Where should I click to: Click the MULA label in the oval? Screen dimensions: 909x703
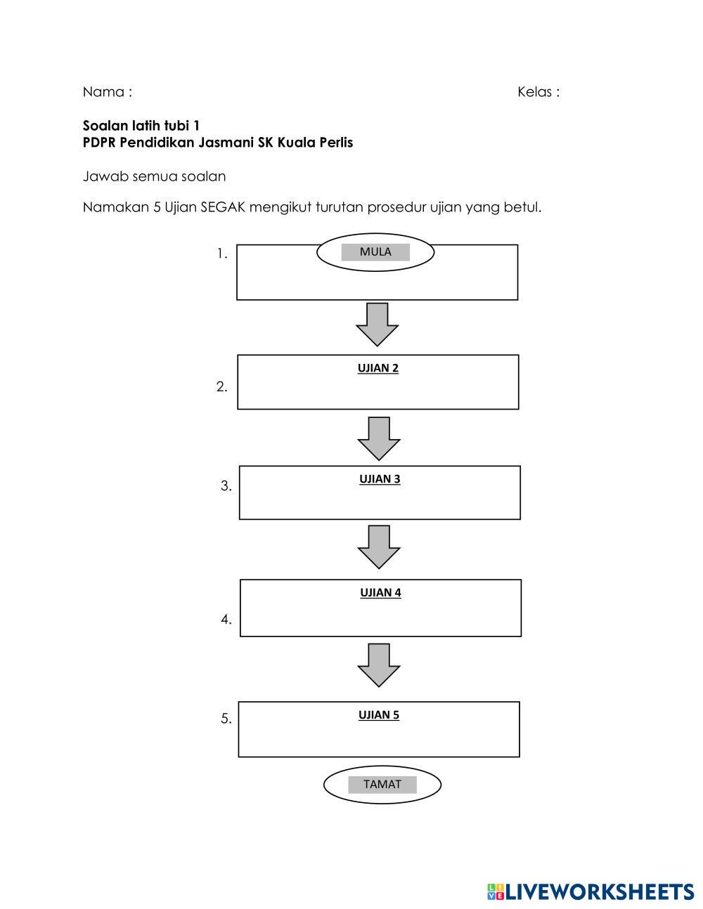(375, 252)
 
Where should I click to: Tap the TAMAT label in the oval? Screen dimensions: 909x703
(382, 785)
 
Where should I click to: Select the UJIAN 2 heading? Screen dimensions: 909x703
(378, 368)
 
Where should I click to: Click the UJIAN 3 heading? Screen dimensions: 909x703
(380, 479)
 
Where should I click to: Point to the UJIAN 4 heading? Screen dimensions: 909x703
(380, 593)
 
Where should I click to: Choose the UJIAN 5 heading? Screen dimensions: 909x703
(379, 715)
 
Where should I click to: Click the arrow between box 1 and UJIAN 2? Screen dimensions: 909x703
(378, 325)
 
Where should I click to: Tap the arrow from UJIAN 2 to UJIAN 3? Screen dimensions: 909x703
(379, 438)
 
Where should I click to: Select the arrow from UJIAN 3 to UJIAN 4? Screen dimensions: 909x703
(379, 547)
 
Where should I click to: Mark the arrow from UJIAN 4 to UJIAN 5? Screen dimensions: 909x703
(379, 665)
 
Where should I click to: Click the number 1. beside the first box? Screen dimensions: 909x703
(222, 254)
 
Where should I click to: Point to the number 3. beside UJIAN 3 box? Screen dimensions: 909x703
(226, 486)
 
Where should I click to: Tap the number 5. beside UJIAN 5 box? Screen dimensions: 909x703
(226, 719)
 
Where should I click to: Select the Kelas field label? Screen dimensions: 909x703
(535, 92)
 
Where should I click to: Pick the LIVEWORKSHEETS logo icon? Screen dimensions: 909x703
(496, 892)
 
